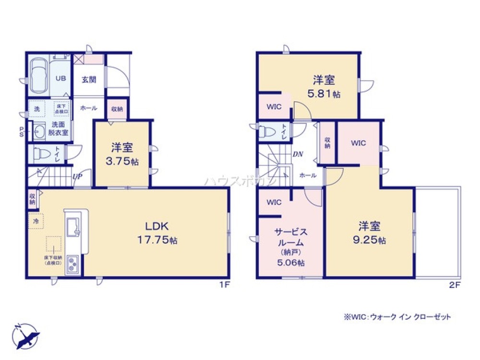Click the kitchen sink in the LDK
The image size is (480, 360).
tap(75, 226)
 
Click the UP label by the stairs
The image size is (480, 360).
tap(77, 177)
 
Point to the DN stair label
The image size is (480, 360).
tap(298, 154)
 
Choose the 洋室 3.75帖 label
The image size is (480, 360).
tap(122, 154)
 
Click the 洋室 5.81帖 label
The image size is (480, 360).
tap(324, 86)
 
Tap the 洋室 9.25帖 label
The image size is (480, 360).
tap(369, 232)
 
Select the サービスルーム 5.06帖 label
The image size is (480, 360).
tap(290, 246)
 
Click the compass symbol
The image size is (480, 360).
tap(26, 335)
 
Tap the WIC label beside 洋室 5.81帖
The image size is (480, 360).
tap(274, 107)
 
